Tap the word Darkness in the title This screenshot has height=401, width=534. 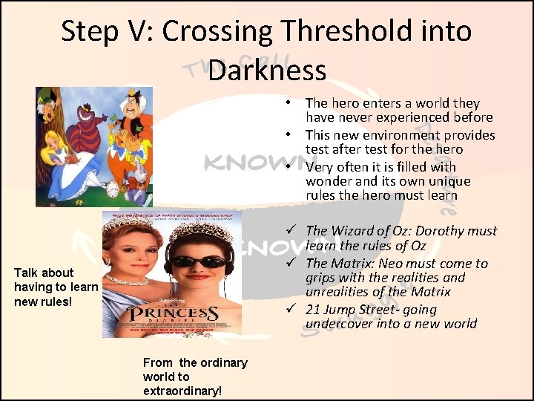[x=267, y=71]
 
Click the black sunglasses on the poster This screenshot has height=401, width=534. [x=202, y=261]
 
